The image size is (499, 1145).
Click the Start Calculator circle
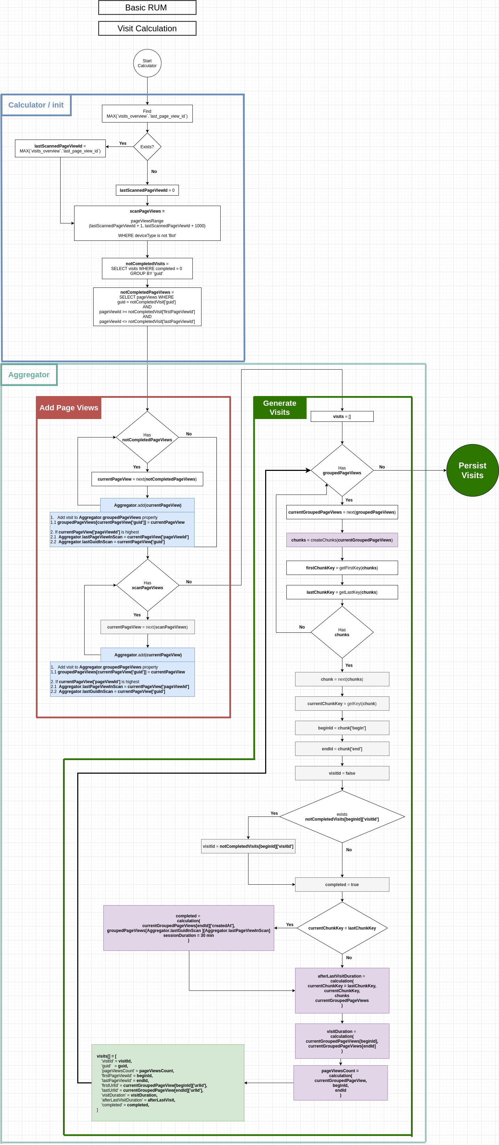(147, 63)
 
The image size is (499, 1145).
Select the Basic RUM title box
(147, 8)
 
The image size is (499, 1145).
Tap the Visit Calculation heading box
(147, 29)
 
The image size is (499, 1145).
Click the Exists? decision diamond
(147, 147)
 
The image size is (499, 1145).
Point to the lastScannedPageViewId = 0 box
(147, 190)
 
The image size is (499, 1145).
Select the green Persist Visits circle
(472, 470)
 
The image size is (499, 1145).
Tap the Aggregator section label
(29, 375)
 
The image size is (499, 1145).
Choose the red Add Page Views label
(69, 408)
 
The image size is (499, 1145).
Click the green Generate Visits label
(279, 408)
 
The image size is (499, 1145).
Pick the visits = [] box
(342, 417)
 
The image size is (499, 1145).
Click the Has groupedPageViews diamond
(342, 470)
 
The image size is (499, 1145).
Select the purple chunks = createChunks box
(342, 540)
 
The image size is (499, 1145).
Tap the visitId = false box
(342, 773)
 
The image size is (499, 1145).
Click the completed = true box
(342, 885)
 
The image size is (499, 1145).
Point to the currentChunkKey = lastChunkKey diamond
(342, 928)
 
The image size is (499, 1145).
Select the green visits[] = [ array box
(167, 1083)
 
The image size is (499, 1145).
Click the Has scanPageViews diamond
(148, 585)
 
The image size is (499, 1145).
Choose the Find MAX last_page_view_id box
(147, 114)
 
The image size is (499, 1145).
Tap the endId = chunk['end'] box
(342, 749)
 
